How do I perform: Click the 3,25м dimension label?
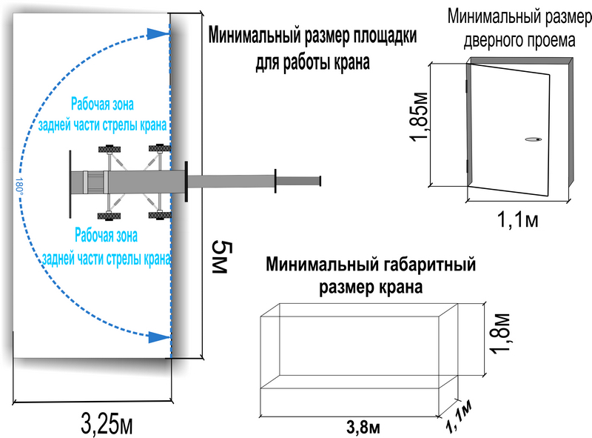[x=107, y=424]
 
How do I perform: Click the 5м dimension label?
[x=221, y=257]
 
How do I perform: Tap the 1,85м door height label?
[x=420, y=117]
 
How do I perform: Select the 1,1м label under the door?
[x=517, y=219]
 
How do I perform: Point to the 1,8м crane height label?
[x=500, y=334]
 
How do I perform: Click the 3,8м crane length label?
[x=363, y=428]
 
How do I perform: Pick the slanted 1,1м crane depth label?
[x=459, y=416]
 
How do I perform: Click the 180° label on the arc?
[x=20, y=186]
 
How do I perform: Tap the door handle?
[x=533, y=139]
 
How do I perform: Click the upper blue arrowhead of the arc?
[x=158, y=33]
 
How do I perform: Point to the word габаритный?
[x=429, y=265]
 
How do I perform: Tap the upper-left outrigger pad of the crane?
[x=110, y=149]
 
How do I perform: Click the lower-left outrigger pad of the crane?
[x=109, y=216]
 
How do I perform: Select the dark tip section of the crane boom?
[x=298, y=181]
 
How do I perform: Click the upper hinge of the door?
[x=468, y=86]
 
